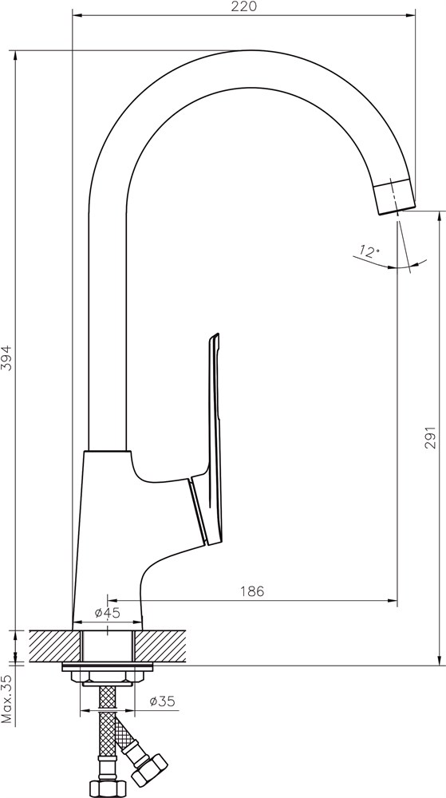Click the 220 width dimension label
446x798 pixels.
tap(244, 6)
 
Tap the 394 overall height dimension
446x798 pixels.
tap(6, 358)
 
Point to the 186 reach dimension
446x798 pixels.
tap(252, 591)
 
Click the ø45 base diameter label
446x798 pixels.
tap(107, 613)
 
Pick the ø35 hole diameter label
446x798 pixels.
tap(162, 701)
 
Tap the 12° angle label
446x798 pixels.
tap(369, 251)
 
